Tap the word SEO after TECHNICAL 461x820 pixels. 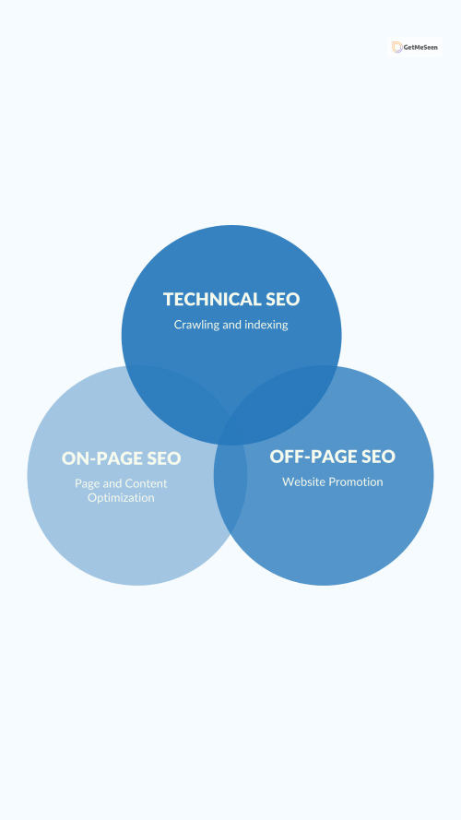[283, 299]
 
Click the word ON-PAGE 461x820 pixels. [102, 458]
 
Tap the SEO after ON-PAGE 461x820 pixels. [164, 458]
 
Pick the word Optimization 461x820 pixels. [121, 497]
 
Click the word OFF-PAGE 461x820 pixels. [310, 456]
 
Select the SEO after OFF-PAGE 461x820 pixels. [378, 456]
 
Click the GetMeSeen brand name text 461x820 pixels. [420, 48]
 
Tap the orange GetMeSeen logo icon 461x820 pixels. [397, 48]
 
